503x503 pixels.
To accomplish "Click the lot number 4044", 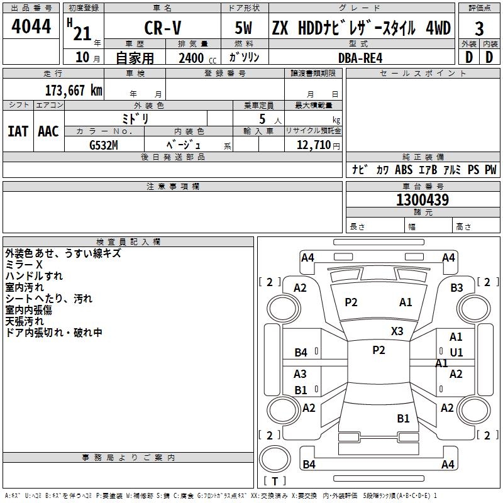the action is click(x=31, y=27).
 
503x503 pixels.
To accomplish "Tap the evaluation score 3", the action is click(x=479, y=28).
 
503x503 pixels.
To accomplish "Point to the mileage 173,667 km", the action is click(x=73, y=90).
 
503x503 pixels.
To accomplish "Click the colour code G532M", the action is click(x=104, y=144).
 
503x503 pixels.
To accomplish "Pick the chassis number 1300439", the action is click(x=423, y=201).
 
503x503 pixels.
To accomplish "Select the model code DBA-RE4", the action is click(x=360, y=58).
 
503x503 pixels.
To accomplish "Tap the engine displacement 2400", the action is click(x=191, y=58).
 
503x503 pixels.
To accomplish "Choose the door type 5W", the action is click(x=244, y=28).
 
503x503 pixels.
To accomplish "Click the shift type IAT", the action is click(x=18, y=131).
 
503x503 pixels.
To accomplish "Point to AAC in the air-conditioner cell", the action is click(x=48, y=131).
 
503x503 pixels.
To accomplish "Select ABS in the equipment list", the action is click(x=404, y=170).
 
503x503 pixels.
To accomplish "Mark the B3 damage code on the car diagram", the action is click(x=456, y=288).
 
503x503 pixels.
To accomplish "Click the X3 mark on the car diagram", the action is click(x=397, y=331).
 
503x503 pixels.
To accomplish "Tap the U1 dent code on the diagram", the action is click(x=456, y=352).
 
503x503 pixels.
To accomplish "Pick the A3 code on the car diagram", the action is click(x=301, y=374).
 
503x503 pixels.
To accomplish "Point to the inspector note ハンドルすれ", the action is click(x=34, y=276).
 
